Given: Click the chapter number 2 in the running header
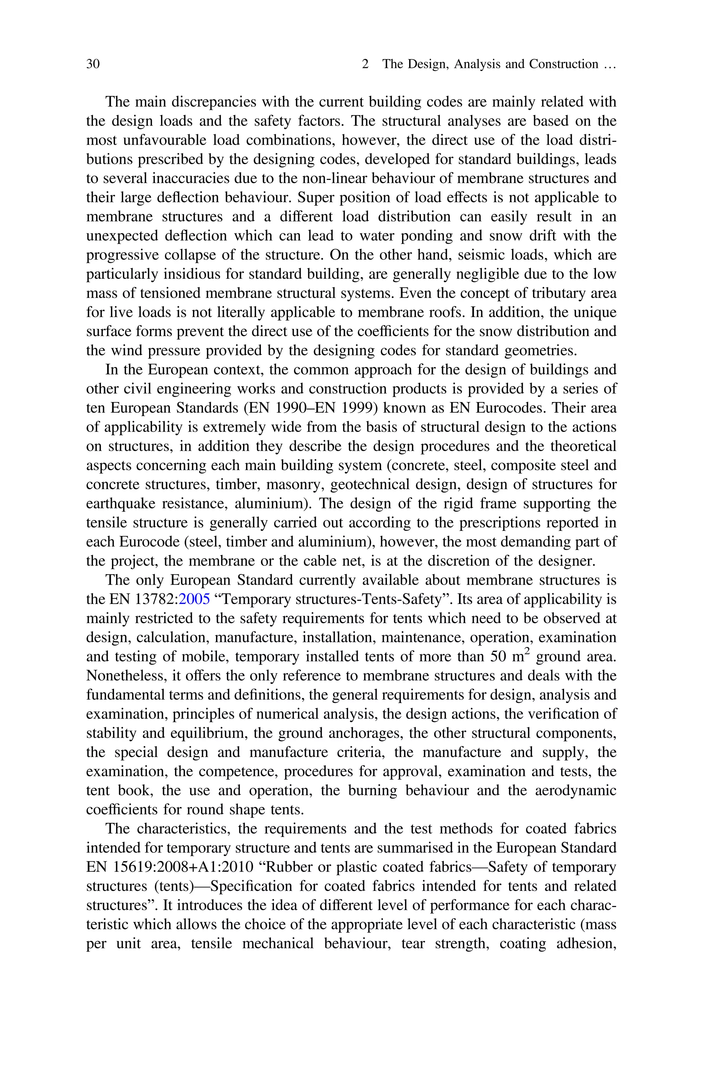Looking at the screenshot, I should pos(365,64).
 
